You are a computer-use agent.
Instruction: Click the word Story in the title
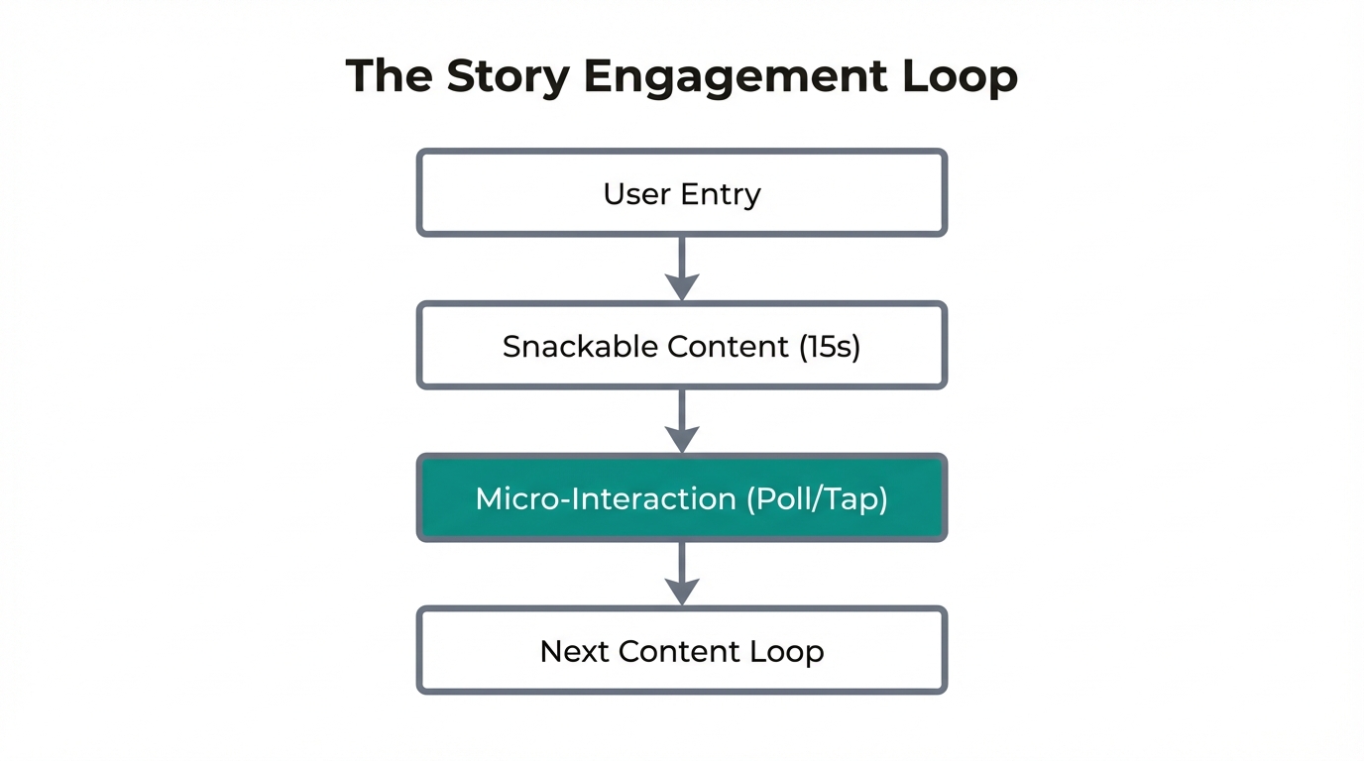click(x=508, y=77)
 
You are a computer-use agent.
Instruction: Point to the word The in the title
click(x=389, y=77)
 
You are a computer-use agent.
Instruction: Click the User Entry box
click(x=682, y=193)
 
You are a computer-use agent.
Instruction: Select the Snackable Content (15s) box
click(x=682, y=346)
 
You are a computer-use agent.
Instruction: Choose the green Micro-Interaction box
click(x=682, y=498)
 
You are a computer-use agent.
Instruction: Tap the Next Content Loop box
click(x=682, y=651)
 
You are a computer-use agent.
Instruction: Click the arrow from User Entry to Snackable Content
click(x=682, y=269)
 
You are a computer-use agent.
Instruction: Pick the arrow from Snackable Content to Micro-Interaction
click(x=682, y=421)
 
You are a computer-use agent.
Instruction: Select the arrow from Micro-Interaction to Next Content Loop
click(x=682, y=574)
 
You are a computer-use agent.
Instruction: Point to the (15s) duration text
click(x=830, y=346)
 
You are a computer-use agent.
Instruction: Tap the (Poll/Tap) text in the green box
click(x=816, y=498)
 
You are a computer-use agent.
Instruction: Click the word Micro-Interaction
click(x=606, y=498)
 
